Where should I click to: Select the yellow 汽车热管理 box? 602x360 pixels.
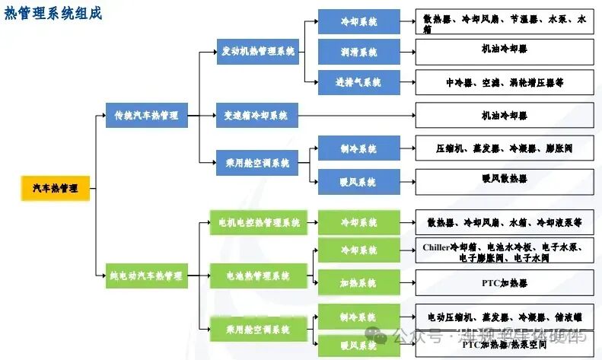(56, 188)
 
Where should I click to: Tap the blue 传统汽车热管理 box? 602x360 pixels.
(146, 116)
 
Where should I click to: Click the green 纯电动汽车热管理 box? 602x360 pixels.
(146, 276)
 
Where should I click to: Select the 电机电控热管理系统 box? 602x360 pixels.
(258, 223)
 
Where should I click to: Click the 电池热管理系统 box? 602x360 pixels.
(258, 276)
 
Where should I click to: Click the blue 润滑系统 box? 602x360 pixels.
(358, 52)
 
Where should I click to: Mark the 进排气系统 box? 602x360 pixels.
(358, 81)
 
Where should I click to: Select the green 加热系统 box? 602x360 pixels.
(358, 282)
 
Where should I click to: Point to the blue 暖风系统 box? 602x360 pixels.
(358, 182)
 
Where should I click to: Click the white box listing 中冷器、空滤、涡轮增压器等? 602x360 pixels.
(505, 81)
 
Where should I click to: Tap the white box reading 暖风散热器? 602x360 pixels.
(505, 181)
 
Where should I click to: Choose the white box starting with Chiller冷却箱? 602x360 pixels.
(505, 252)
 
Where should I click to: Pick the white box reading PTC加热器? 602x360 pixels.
(505, 282)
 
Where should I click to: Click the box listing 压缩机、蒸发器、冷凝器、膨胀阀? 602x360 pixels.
(505, 148)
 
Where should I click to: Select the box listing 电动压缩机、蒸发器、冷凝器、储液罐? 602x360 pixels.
(505, 317)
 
